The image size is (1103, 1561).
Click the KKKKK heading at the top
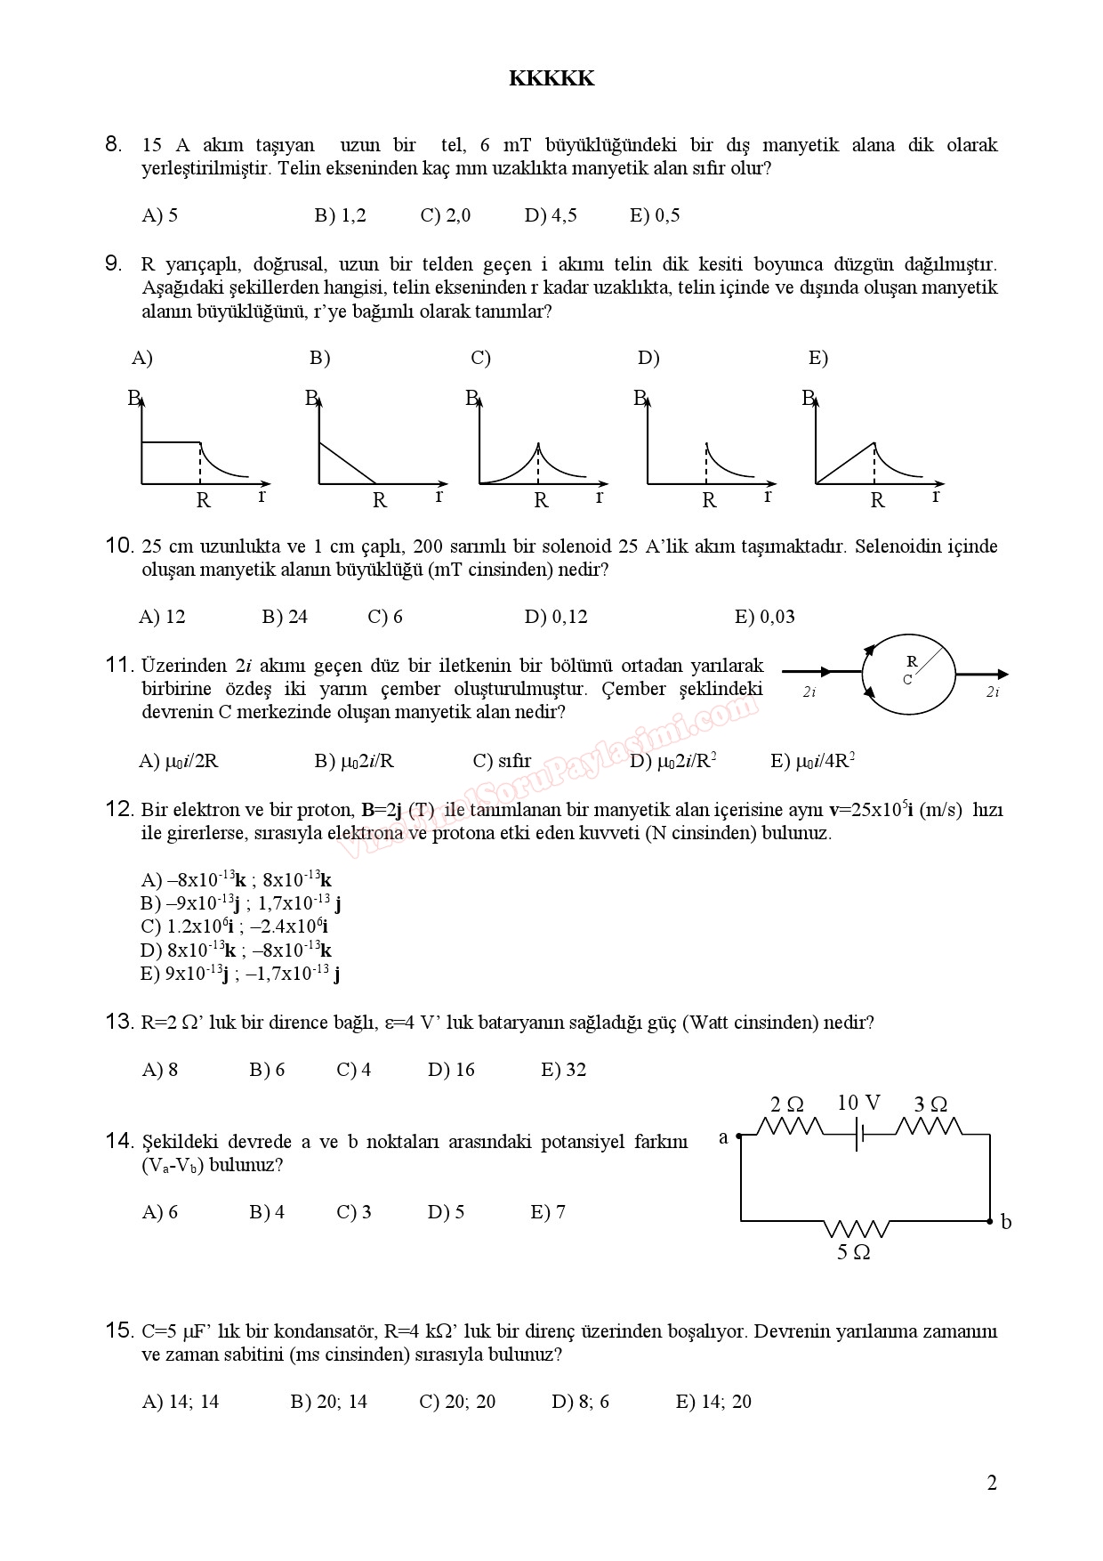tap(551, 78)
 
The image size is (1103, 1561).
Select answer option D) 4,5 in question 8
tap(551, 215)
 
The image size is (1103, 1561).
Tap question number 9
tap(114, 263)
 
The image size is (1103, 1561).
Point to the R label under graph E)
tap(877, 501)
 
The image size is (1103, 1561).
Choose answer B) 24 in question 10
tap(285, 617)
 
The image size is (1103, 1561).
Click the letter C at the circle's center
tap(907, 680)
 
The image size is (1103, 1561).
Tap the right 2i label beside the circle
tap(993, 692)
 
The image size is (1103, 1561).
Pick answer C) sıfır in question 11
tap(502, 761)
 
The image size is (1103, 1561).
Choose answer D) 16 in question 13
tap(451, 1070)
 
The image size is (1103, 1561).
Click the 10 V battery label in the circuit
tap(858, 1104)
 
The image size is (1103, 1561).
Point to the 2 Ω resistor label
tap(786, 1104)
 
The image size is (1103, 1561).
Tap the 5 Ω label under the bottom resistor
tap(853, 1253)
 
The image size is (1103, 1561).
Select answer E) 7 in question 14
tap(548, 1212)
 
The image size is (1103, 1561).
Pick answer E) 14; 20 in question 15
tap(713, 1402)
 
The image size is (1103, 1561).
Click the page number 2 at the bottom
tap(992, 1483)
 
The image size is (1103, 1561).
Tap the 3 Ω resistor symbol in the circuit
tap(928, 1128)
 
